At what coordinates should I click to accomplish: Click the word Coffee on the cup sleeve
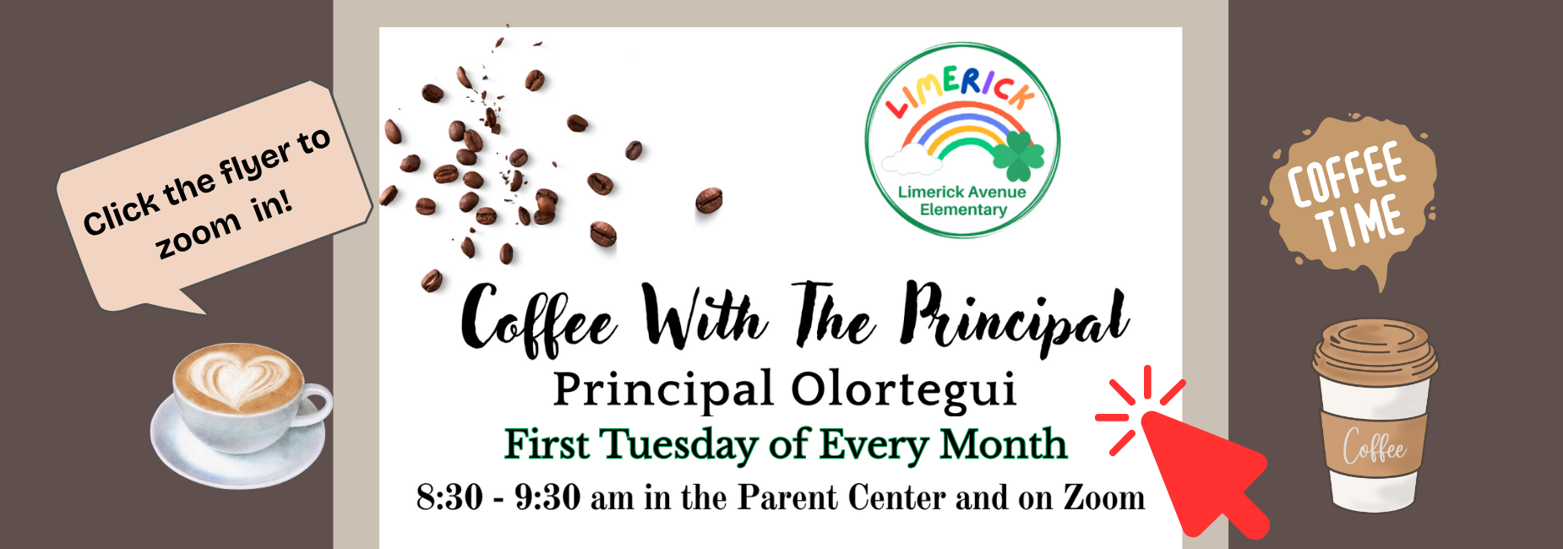[1374, 446]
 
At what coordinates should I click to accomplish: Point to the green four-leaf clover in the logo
[1018, 155]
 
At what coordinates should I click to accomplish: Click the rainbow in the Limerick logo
[957, 131]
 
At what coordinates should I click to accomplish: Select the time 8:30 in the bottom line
[449, 497]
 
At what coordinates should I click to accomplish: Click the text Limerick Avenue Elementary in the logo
[962, 201]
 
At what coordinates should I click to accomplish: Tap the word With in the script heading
[705, 316]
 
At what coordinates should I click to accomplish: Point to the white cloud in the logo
[903, 160]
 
